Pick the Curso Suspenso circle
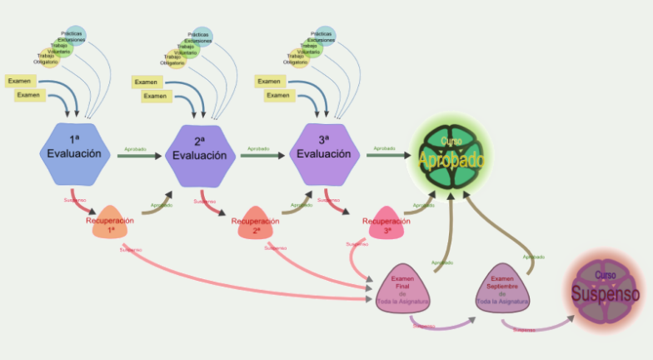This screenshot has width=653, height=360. click(x=606, y=291)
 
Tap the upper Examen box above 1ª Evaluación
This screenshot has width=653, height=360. click(x=21, y=81)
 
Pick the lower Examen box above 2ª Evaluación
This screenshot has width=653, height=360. click(x=156, y=96)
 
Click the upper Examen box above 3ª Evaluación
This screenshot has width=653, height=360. click(x=269, y=81)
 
